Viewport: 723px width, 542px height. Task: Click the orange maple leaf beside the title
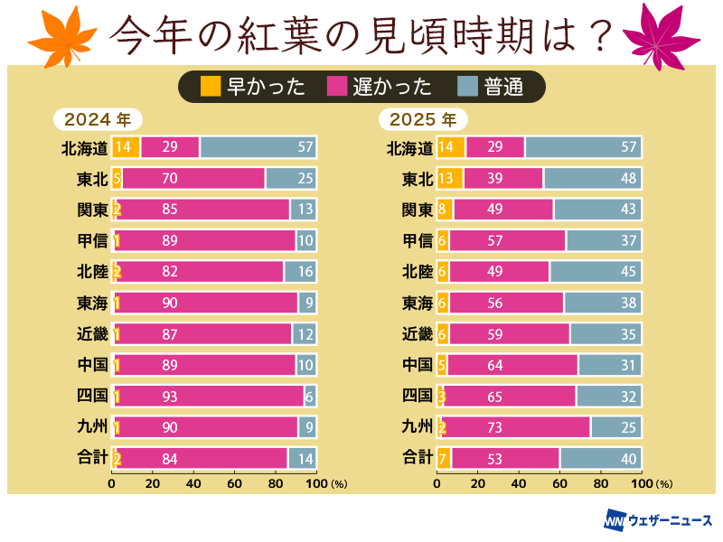[x=61, y=33]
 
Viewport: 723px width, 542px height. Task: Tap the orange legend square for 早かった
[x=210, y=87]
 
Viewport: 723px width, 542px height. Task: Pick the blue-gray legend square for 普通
[x=467, y=87]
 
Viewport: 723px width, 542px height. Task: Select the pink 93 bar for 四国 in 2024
[x=209, y=396]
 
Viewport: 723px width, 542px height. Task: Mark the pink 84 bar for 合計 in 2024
[x=201, y=458]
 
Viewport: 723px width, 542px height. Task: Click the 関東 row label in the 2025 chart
[x=417, y=210]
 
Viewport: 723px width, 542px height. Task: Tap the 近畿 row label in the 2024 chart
[x=92, y=334]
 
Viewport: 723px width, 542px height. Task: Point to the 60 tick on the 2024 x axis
[x=234, y=483]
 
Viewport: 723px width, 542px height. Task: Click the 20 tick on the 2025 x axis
[x=478, y=483]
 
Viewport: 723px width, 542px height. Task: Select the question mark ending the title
[x=598, y=35]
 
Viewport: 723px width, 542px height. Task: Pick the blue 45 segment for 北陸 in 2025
[x=595, y=272]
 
